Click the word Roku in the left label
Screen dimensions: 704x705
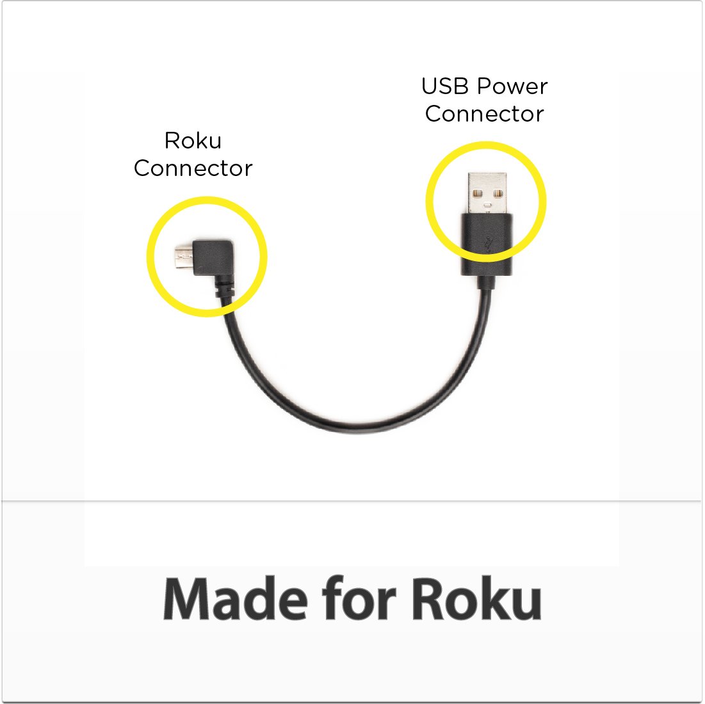coord(193,140)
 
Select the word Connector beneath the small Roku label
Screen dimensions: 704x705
coord(193,168)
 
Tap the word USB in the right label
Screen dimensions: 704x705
coord(441,86)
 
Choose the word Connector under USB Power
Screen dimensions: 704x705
coord(484,114)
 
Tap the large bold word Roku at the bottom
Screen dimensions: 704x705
coord(476,600)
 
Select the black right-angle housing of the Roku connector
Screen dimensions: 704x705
coord(214,259)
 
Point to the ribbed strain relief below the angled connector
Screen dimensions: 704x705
coord(224,291)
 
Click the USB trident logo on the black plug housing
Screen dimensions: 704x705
coord(487,244)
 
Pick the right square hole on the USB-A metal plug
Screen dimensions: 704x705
coord(499,193)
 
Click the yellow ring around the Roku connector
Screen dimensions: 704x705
coord(149,256)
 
